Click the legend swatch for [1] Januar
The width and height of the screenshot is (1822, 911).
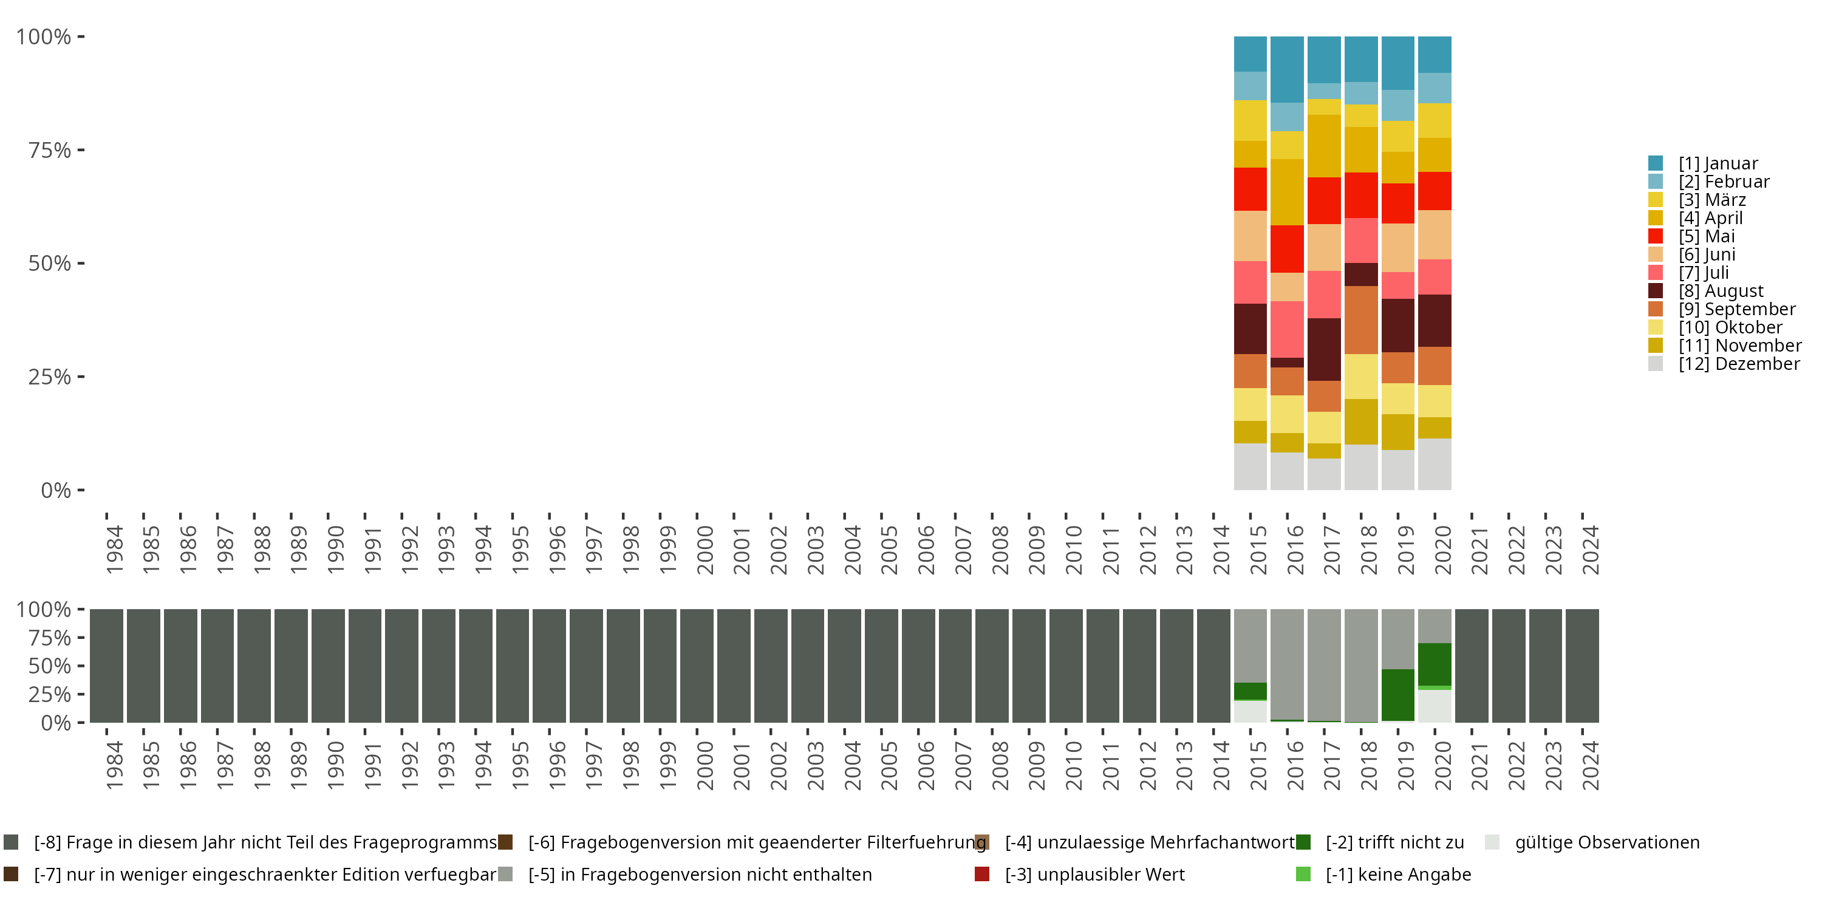[x=1655, y=163]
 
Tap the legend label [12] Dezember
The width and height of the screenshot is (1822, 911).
[x=1739, y=364]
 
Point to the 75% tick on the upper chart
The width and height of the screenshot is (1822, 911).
[x=81, y=150]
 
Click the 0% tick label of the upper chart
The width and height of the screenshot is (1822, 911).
[x=56, y=490]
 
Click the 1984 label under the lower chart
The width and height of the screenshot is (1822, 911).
[x=115, y=765]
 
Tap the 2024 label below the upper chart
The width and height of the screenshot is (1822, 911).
[x=1591, y=550]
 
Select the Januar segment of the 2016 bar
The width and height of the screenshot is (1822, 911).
[x=1288, y=69]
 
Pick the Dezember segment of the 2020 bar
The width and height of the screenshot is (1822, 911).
[x=1435, y=464]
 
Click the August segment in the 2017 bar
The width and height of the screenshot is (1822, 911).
[x=1324, y=349]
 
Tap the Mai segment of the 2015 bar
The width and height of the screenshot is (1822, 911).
[x=1250, y=189]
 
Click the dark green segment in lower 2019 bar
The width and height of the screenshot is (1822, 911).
[x=1397, y=695]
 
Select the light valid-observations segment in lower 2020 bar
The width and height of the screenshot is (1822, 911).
[x=1435, y=706]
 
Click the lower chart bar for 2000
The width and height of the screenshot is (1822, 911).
[x=697, y=666]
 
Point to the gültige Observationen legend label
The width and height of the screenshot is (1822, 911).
[x=1607, y=842]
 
